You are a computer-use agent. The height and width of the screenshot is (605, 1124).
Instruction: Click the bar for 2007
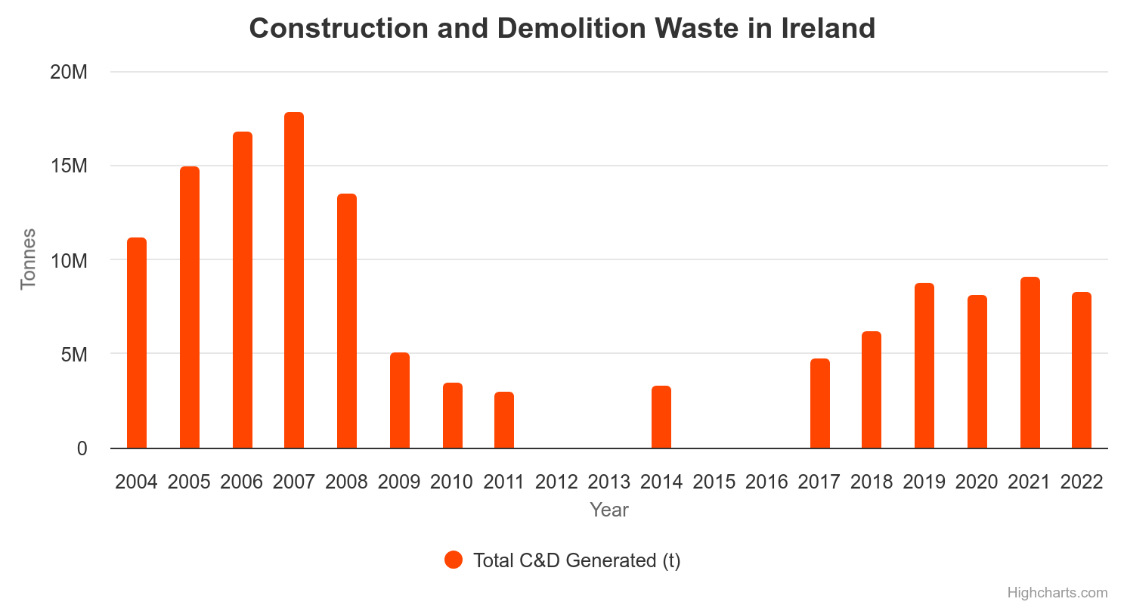pyautogui.click(x=294, y=280)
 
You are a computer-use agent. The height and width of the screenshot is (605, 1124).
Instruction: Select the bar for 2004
pyautogui.click(x=137, y=343)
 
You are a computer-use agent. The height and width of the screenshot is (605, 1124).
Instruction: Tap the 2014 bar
pyautogui.click(x=661, y=417)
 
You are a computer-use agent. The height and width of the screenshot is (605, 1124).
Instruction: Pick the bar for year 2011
pyautogui.click(x=504, y=420)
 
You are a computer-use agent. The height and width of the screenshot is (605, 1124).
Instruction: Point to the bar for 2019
pyautogui.click(x=924, y=365)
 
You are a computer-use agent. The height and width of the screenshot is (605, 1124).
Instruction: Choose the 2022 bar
pyautogui.click(x=1082, y=370)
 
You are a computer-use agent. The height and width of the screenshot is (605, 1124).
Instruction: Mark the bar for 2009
pyautogui.click(x=400, y=400)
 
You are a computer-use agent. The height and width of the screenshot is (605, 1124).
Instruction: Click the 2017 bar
pyautogui.click(x=820, y=403)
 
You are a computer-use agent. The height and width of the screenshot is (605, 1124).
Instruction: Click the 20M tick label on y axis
pyautogui.click(x=70, y=73)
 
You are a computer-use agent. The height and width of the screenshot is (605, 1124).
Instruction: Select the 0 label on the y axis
pyautogui.click(x=82, y=448)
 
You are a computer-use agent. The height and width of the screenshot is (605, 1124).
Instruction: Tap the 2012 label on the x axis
pyautogui.click(x=556, y=482)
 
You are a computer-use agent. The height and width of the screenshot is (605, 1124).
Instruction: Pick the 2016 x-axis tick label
pyautogui.click(x=766, y=482)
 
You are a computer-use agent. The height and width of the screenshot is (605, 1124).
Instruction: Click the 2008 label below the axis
pyautogui.click(x=346, y=482)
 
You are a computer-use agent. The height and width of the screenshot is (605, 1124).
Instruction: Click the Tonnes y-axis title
pyautogui.click(x=28, y=259)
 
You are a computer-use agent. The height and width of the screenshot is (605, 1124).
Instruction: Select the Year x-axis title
pyautogui.click(x=609, y=510)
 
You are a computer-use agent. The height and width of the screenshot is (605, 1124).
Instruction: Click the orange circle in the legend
pyautogui.click(x=453, y=560)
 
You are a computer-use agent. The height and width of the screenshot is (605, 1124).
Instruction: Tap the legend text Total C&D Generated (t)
pyautogui.click(x=577, y=560)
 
